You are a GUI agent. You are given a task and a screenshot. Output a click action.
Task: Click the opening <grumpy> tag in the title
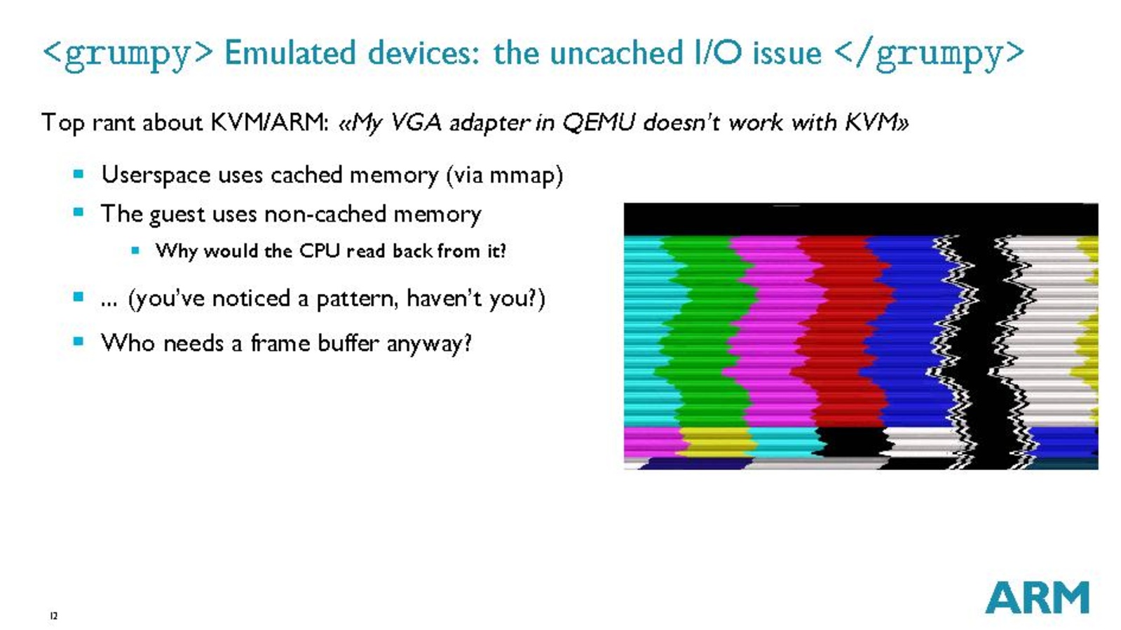point(128,54)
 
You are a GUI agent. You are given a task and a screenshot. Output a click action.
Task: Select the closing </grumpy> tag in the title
point(930,54)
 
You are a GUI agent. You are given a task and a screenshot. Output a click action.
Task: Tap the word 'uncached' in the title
point(616,52)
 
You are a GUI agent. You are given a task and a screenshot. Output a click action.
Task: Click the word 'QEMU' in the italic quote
point(599,122)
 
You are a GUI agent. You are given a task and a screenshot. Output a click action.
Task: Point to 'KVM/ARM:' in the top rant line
point(270,122)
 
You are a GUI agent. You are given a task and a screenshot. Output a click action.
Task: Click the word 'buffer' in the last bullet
point(349,342)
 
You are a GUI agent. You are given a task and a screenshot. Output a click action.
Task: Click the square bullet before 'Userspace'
point(79,174)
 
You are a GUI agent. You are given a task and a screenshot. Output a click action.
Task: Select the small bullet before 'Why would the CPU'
point(135,250)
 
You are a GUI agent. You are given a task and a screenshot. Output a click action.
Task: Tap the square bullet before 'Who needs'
point(79,341)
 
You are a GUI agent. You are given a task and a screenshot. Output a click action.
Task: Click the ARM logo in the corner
point(1037,597)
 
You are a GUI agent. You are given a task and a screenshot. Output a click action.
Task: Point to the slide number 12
point(54,615)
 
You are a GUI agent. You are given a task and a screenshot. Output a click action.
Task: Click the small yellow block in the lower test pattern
point(718,442)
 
